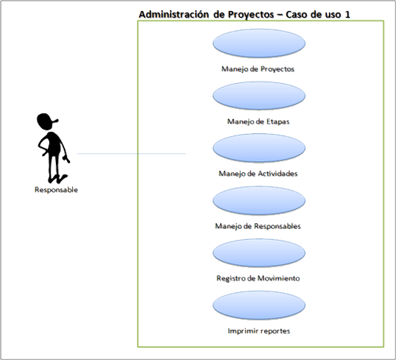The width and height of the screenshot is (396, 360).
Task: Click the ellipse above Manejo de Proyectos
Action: (x=259, y=43)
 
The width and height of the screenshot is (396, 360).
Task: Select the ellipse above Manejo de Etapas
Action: (x=259, y=96)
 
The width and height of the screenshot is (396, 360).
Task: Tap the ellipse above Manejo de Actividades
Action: (x=259, y=148)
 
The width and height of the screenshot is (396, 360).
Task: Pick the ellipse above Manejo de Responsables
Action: (x=259, y=200)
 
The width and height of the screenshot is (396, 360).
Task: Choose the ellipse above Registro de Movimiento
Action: (x=259, y=253)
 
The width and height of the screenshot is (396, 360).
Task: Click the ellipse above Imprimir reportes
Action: (x=259, y=306)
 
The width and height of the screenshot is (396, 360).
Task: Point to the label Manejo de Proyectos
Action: (x=258, y=69)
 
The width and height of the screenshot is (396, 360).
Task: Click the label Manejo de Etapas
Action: (x=258, y=121)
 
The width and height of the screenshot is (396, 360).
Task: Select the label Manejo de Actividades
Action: (x=258, y=174)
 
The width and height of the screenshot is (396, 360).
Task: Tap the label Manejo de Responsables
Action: (x=258, y=226)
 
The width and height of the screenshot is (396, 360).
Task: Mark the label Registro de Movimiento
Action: (x=258, y=278)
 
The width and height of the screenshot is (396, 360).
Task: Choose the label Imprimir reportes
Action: (x=259, y=331)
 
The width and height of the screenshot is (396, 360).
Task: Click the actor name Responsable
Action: (x=56, y=190)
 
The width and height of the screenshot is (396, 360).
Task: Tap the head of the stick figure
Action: (x=46, y=121)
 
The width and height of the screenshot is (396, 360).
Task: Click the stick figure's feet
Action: (x=58, y=179)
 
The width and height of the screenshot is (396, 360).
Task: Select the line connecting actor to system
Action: (x=131, y=153)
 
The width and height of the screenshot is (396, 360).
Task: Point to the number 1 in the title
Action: (x=347, y=15)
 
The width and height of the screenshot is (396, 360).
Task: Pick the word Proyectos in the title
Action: (x=251, y=15)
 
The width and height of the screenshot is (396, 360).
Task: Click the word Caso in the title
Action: (x=297, y=15)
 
